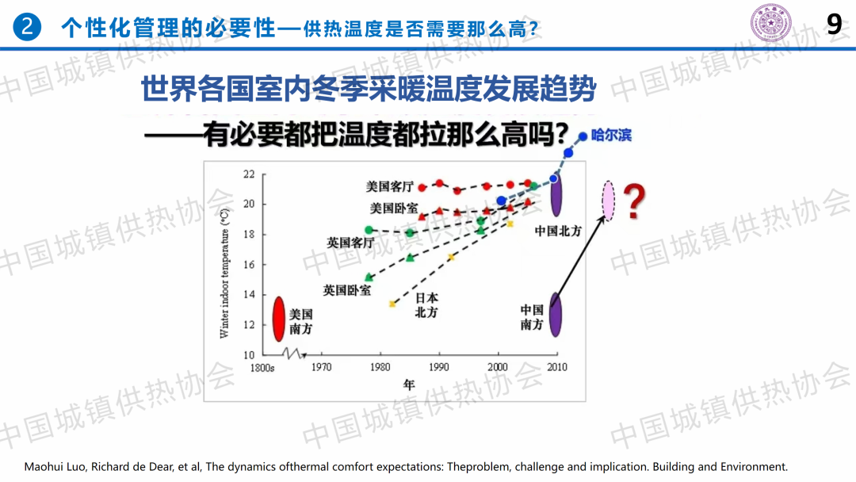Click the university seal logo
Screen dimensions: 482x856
[766, 23]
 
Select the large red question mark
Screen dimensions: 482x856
[632, 202]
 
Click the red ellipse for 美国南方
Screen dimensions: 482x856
[278, 318]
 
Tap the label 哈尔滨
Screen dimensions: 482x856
[612, 136]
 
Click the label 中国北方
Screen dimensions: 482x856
[558, 231]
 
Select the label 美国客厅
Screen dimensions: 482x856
[389, 187]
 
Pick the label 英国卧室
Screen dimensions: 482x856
[347, 290]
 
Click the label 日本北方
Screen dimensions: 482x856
[426, 305]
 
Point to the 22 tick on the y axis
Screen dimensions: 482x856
[249, 174]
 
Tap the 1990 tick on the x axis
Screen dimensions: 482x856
[438, 368]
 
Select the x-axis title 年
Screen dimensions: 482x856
[408, 384]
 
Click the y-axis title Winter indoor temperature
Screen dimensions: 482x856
[225, 274]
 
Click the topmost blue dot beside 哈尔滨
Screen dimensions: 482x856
[583, 136]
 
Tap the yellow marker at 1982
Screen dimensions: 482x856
[392, 304]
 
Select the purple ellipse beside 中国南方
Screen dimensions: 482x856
[556, 313]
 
